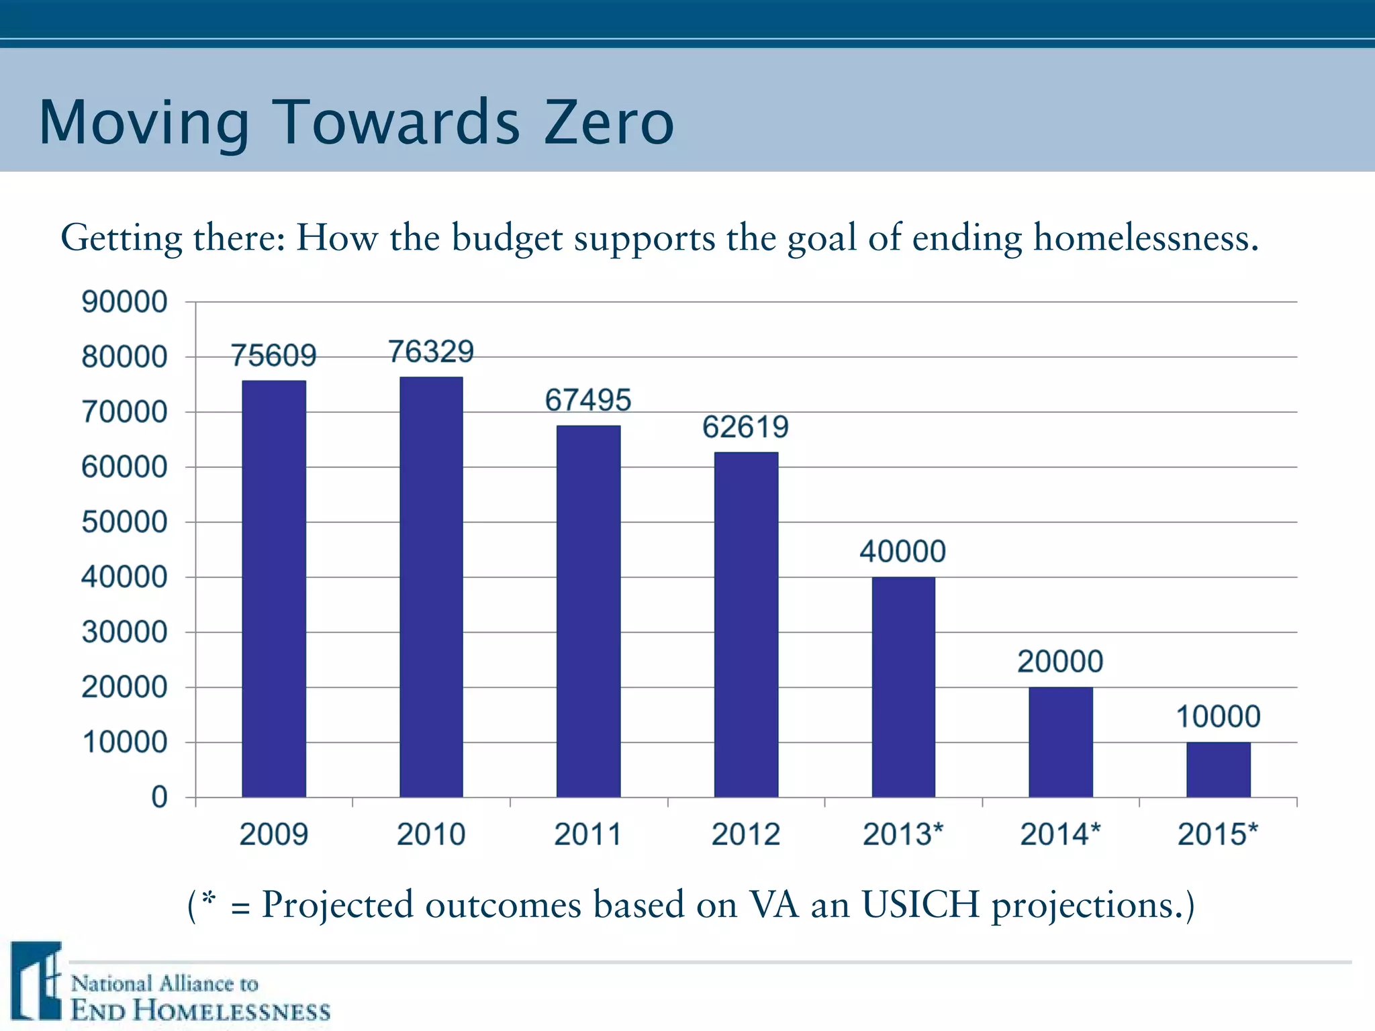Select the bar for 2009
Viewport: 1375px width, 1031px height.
(274, 589)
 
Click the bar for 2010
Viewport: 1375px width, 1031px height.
(431, 587)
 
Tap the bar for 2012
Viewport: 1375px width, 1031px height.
(746, 624)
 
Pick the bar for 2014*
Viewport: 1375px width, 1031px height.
(1061, 742)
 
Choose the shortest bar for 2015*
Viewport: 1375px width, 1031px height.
(1218, 769)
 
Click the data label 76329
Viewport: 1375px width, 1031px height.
(431, 352)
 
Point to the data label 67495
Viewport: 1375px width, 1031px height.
(588, 400)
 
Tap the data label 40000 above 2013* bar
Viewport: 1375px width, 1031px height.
(902, 552)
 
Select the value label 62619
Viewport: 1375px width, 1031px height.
(745, 427)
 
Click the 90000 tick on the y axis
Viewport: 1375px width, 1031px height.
(124, 302)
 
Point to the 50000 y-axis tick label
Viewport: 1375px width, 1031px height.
(124, 522)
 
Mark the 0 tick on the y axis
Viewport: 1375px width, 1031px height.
(159, 797)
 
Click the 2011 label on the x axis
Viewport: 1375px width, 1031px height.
(588, 834)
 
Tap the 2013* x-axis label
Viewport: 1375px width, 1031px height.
(903, 834)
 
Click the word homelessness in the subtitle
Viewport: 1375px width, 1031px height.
(1145, 238)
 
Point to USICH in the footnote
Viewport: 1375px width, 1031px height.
(920, 904)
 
